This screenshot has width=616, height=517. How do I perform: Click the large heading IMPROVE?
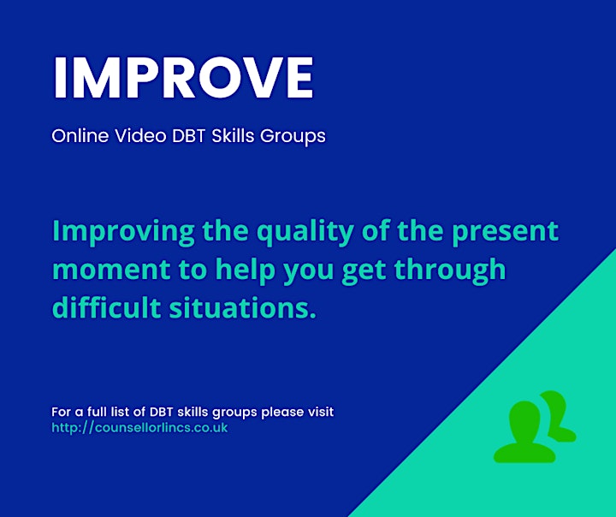(x=183, y=77)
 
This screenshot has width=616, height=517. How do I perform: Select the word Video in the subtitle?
(x=140, y=136)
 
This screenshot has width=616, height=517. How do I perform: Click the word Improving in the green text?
(x=123, y=232)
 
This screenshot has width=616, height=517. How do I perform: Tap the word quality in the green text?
(x=305, y=232)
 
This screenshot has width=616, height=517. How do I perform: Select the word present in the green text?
(x=505, y=232)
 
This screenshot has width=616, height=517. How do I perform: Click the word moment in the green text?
(x=111, y=270)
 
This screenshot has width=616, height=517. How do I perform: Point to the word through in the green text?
(x=450, y=270)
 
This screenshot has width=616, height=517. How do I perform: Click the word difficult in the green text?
(x=106, y=307)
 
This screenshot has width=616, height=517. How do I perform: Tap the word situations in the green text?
(x=242, y=308)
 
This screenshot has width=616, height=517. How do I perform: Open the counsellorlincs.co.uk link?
(x=139, y=428)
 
